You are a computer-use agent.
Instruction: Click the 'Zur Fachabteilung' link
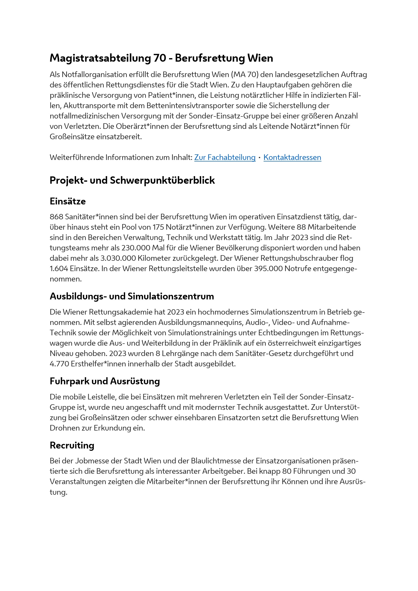225,157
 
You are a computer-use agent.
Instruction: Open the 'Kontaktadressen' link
292,157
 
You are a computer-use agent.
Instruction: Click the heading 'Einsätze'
67,201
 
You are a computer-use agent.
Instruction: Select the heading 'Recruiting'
72,445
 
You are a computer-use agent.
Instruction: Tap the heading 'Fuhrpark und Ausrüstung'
105,381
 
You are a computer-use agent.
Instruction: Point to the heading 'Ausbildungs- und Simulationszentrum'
131,296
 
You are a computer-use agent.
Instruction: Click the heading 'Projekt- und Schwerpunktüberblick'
132,180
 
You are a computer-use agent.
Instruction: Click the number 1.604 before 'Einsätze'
59,269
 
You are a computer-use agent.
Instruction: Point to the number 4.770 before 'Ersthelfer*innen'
59,364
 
